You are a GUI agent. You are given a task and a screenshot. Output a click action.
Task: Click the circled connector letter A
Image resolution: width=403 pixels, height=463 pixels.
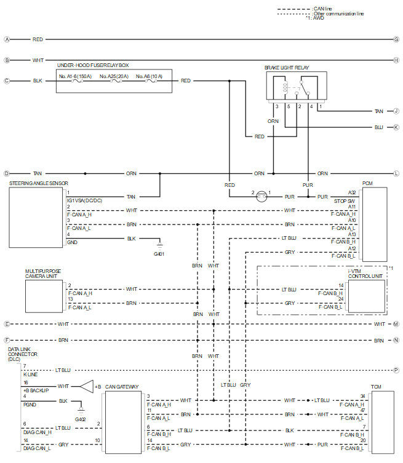click(x=7, y=39)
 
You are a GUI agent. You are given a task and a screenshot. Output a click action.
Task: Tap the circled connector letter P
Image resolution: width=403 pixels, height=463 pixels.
click(x=396, y=370)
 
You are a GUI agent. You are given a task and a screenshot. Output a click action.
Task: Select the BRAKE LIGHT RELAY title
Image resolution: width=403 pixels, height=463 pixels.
click(x=287, y=68)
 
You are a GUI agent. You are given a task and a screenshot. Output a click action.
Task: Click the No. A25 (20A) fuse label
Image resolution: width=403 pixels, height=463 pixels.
click(x=114, y=76)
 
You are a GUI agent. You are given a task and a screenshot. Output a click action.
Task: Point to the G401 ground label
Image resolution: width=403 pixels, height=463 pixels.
click(x=159, y=254)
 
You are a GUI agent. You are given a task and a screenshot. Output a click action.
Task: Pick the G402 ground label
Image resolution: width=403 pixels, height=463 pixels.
click(x=81, y=419)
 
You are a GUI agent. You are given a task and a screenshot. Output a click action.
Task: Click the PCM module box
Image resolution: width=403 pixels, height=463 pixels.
click(x=375, y=224)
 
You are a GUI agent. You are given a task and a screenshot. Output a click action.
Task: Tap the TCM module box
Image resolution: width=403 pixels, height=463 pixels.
click(x=383, y=422)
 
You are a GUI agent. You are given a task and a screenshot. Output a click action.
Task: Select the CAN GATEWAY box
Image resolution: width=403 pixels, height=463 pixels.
click(x=123, y=422)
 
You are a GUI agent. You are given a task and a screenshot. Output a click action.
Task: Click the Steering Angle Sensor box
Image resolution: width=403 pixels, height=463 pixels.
click(x=36, y=217)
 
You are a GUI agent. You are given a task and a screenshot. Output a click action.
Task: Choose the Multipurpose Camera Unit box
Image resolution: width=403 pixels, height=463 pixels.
click(x=44, y=296)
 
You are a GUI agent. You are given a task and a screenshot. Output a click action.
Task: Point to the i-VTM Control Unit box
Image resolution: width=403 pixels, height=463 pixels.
click(x=367, y=296)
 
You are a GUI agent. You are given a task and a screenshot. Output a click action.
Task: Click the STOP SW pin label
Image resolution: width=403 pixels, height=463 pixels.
click(x=344, y=201)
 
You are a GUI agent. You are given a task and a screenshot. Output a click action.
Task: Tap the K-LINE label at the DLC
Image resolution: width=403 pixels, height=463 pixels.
click(x=30, y=374)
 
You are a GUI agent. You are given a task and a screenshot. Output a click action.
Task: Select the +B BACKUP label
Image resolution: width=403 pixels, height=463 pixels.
click(x=36, y=390)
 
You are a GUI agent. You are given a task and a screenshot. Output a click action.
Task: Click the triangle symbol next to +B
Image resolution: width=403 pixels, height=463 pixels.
click(x=87, y=386)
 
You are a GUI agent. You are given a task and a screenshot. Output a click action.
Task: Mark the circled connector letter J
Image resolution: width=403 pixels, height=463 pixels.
click(x=396, y=111)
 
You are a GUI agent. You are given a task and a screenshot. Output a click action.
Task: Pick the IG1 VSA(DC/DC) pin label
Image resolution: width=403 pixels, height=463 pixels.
click(x=84, y=200)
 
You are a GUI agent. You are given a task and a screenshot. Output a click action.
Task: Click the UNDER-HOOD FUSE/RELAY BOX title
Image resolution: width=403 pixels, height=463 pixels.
click(x=93, y=65)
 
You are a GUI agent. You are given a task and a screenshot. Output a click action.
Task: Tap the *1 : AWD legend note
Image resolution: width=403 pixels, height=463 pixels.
click(x=315, y=18)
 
